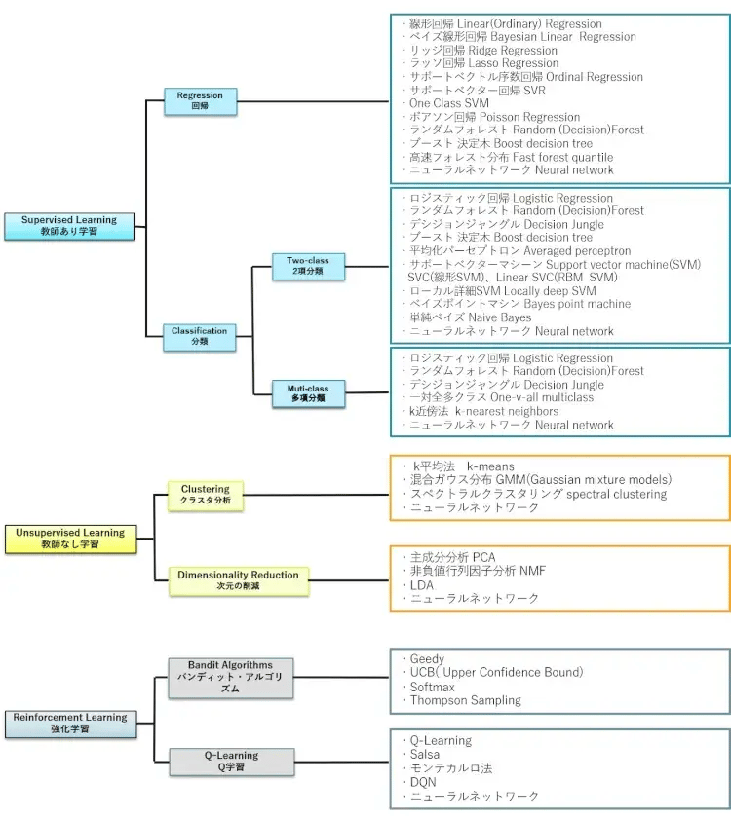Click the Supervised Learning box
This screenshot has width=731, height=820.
click(x=69, y=226)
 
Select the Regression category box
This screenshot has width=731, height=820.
click(x=200, y=100)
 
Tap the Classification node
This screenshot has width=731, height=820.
click(x=200, y=336)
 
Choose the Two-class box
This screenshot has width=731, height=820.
click(x=308, y=266)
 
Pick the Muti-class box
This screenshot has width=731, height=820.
click(x=308, y=393)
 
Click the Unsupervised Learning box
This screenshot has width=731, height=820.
click(x=69, y=538)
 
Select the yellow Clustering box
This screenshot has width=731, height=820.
click(x=206, y=494)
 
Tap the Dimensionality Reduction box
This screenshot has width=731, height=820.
click(x=238, y=579)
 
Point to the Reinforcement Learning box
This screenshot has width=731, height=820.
click(x=70, y=723)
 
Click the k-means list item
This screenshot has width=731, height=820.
click(x=464, y=466)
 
